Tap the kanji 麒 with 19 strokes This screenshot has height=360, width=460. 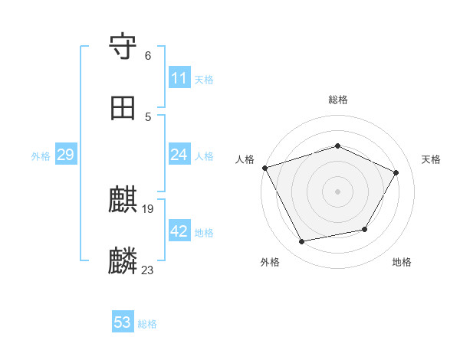(x=123, y=201)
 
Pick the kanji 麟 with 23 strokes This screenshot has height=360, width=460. (x=123, y=261)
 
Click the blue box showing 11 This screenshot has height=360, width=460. (x=179, y=78)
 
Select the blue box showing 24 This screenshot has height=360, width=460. (x=179, y=155)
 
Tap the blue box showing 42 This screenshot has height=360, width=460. (x=179, y=232)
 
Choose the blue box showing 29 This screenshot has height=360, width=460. (x=65, y=155)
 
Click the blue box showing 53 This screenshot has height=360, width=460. (x=123, y=322)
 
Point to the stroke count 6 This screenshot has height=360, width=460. (x=148, y=56)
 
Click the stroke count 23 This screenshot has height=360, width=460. (x=148, y=270)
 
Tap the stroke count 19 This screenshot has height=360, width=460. (x=148, y=208)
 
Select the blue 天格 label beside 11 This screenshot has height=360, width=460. (x=204, y=79)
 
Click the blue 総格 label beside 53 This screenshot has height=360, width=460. (x=147, y=324)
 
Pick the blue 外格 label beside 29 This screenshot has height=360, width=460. (x=41, y=156)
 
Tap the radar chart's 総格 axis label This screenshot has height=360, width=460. (x=338, y=100)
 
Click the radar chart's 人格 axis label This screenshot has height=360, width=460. (x=245, y=159)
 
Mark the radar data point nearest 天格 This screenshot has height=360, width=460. (x=396, y=172)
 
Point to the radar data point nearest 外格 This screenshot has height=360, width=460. (x=301, y=242)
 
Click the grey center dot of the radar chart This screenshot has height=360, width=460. (x=338, y=191)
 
